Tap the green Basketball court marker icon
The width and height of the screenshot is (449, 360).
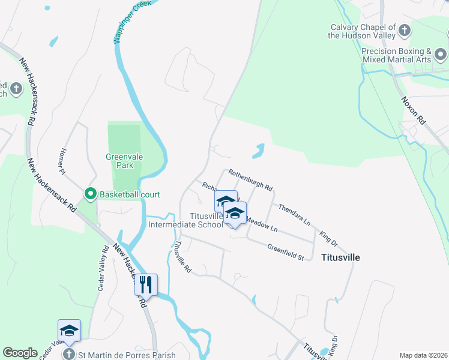point(91,194)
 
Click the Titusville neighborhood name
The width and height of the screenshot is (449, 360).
point(340,257)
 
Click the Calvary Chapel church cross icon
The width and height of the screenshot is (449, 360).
point(405,29)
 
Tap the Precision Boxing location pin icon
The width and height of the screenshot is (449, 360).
point(441,56)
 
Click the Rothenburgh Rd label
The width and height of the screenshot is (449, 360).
point(250,178)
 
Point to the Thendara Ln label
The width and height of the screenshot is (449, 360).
point(294,214)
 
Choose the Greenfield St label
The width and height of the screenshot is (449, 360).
point(286,252)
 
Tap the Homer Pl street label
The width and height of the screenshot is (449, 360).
point(62,162)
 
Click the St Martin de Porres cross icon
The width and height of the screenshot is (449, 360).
point(70,354)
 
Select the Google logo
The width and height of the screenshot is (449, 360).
point(20,353)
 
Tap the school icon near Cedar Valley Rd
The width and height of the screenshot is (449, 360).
point(69,330)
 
